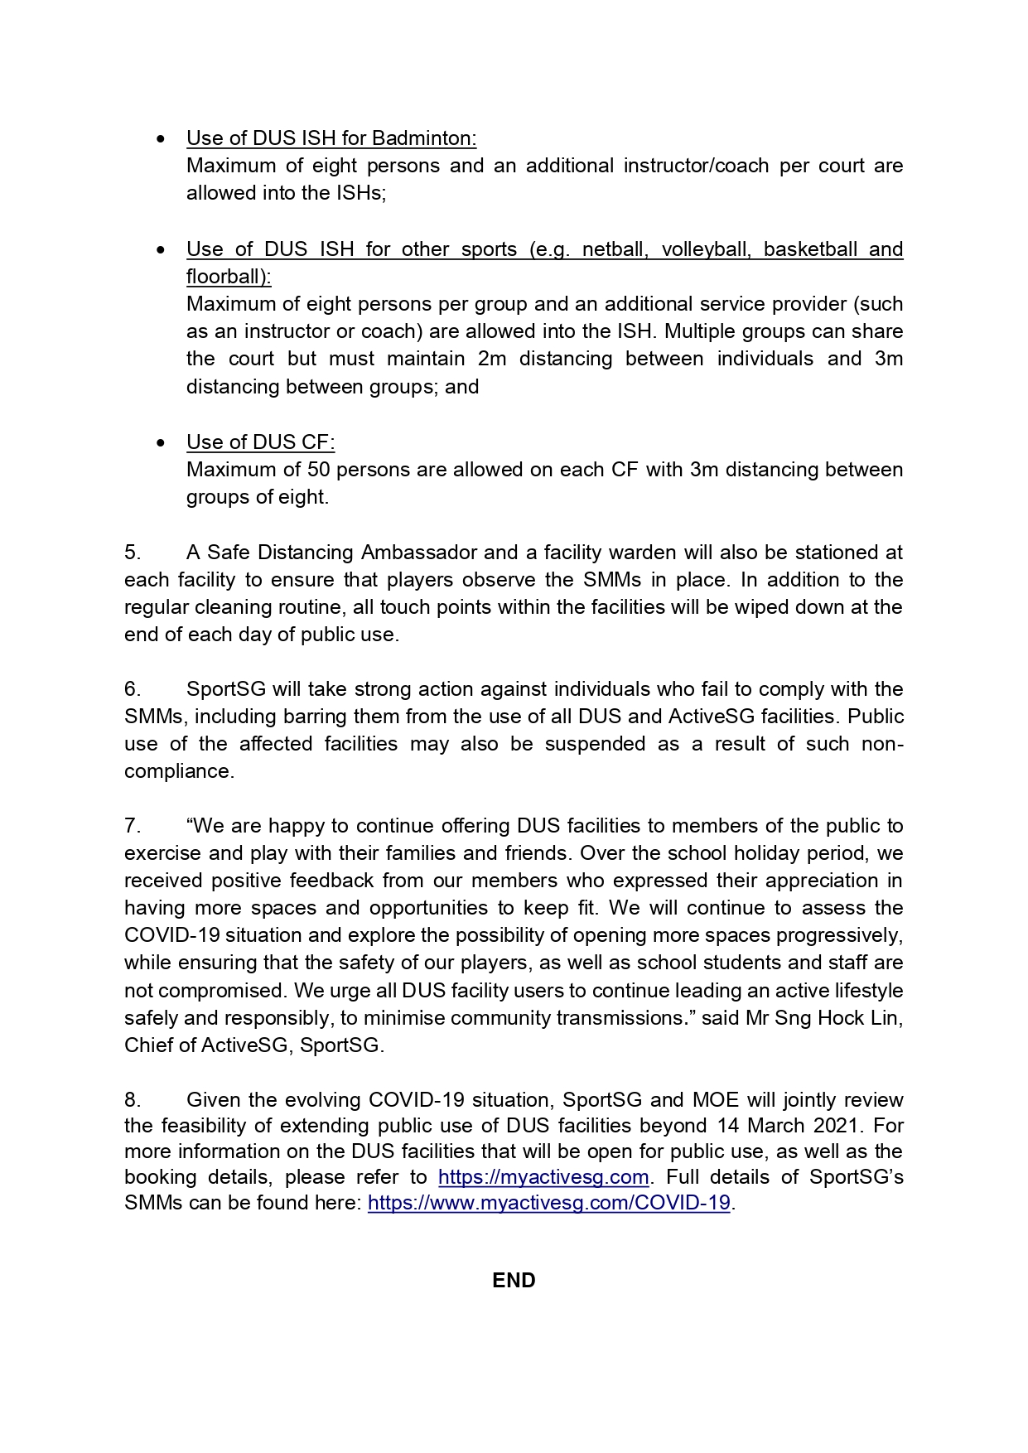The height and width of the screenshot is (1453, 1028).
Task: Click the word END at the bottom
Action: click(514, 1281)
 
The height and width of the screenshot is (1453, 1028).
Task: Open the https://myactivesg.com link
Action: click(543, 1177)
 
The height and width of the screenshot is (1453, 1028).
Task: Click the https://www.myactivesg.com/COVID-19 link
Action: click(548, 1203)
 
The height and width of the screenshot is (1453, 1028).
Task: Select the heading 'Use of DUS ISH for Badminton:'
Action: click(331, 138)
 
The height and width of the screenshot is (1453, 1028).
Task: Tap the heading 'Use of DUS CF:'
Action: click(260, 442)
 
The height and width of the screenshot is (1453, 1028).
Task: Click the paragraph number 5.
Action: click(132, 553)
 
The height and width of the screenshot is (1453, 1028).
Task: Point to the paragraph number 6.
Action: click(132, 689)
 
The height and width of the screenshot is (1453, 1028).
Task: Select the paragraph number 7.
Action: click(132, 826)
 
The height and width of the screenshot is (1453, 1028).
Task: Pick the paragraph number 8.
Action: click(132, 1100)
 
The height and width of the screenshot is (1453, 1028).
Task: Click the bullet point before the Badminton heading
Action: click(161, 139)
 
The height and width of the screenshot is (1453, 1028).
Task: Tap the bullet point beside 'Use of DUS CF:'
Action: click(161, 443)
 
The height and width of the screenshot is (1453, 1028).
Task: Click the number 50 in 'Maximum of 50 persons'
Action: click(319, 470)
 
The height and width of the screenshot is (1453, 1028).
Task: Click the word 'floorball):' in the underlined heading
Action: click(229, 277)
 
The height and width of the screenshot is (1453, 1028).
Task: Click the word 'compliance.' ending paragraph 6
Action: click(179, 771)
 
